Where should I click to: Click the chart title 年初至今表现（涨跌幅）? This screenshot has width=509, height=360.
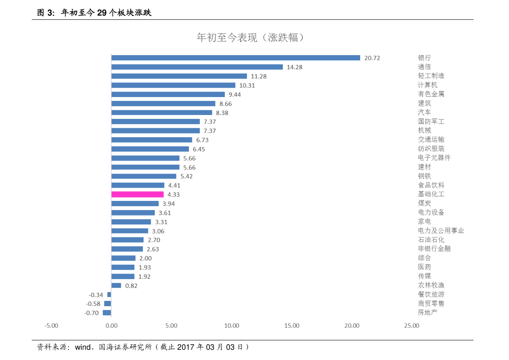click(251, 38)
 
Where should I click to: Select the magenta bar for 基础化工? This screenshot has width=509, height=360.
click(137, 195)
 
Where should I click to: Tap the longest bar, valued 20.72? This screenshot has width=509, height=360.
click(235, 58)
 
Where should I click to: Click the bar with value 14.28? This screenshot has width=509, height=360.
click(197, 67)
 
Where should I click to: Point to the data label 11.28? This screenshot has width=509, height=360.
click(259, 76)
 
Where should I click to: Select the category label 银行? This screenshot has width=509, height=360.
click(424, 58)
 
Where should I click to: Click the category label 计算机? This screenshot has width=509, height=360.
click(427, 85)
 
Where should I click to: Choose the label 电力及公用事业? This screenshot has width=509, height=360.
click(441, 231)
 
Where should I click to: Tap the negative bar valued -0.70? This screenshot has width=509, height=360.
click(107, 313)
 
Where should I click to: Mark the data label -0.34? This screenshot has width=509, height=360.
click(96, 295)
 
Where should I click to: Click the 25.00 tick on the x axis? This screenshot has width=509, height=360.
click(412, 326)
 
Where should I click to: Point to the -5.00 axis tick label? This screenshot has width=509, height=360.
click(51, 326)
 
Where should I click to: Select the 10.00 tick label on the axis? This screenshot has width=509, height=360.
click(232, 326)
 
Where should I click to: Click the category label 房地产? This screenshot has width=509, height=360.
click(427, 313)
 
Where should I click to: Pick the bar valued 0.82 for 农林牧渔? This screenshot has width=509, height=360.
click(116, 286)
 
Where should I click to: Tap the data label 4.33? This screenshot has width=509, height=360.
click(174, 195)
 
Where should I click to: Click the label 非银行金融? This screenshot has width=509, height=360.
click(434, 249)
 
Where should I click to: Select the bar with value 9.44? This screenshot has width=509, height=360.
click(168, 94)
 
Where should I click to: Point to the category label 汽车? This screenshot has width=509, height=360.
click(424, 112)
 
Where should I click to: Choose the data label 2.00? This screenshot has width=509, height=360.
click(145, 258)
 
